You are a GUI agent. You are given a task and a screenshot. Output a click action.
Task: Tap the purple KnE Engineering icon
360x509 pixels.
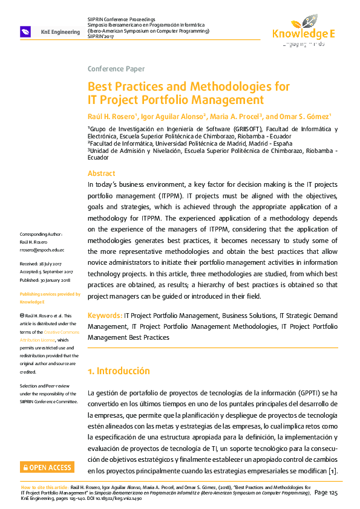click(26, 31)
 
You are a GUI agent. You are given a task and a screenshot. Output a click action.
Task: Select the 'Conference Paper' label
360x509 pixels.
click(116, 69)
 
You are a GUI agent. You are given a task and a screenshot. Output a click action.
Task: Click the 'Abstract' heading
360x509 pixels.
click(102, 173)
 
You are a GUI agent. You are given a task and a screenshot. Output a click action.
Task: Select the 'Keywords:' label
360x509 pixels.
click(105, 316)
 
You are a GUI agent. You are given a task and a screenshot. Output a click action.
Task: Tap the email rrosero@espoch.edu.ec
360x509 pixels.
click(42, 250)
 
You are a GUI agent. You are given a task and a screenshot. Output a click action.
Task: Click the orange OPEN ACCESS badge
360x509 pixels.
click(47, 467)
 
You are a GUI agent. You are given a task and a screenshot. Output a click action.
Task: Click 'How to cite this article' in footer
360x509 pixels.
click(45, 487)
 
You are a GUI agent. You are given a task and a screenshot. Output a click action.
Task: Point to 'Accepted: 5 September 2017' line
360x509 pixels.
click(47, 272)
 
